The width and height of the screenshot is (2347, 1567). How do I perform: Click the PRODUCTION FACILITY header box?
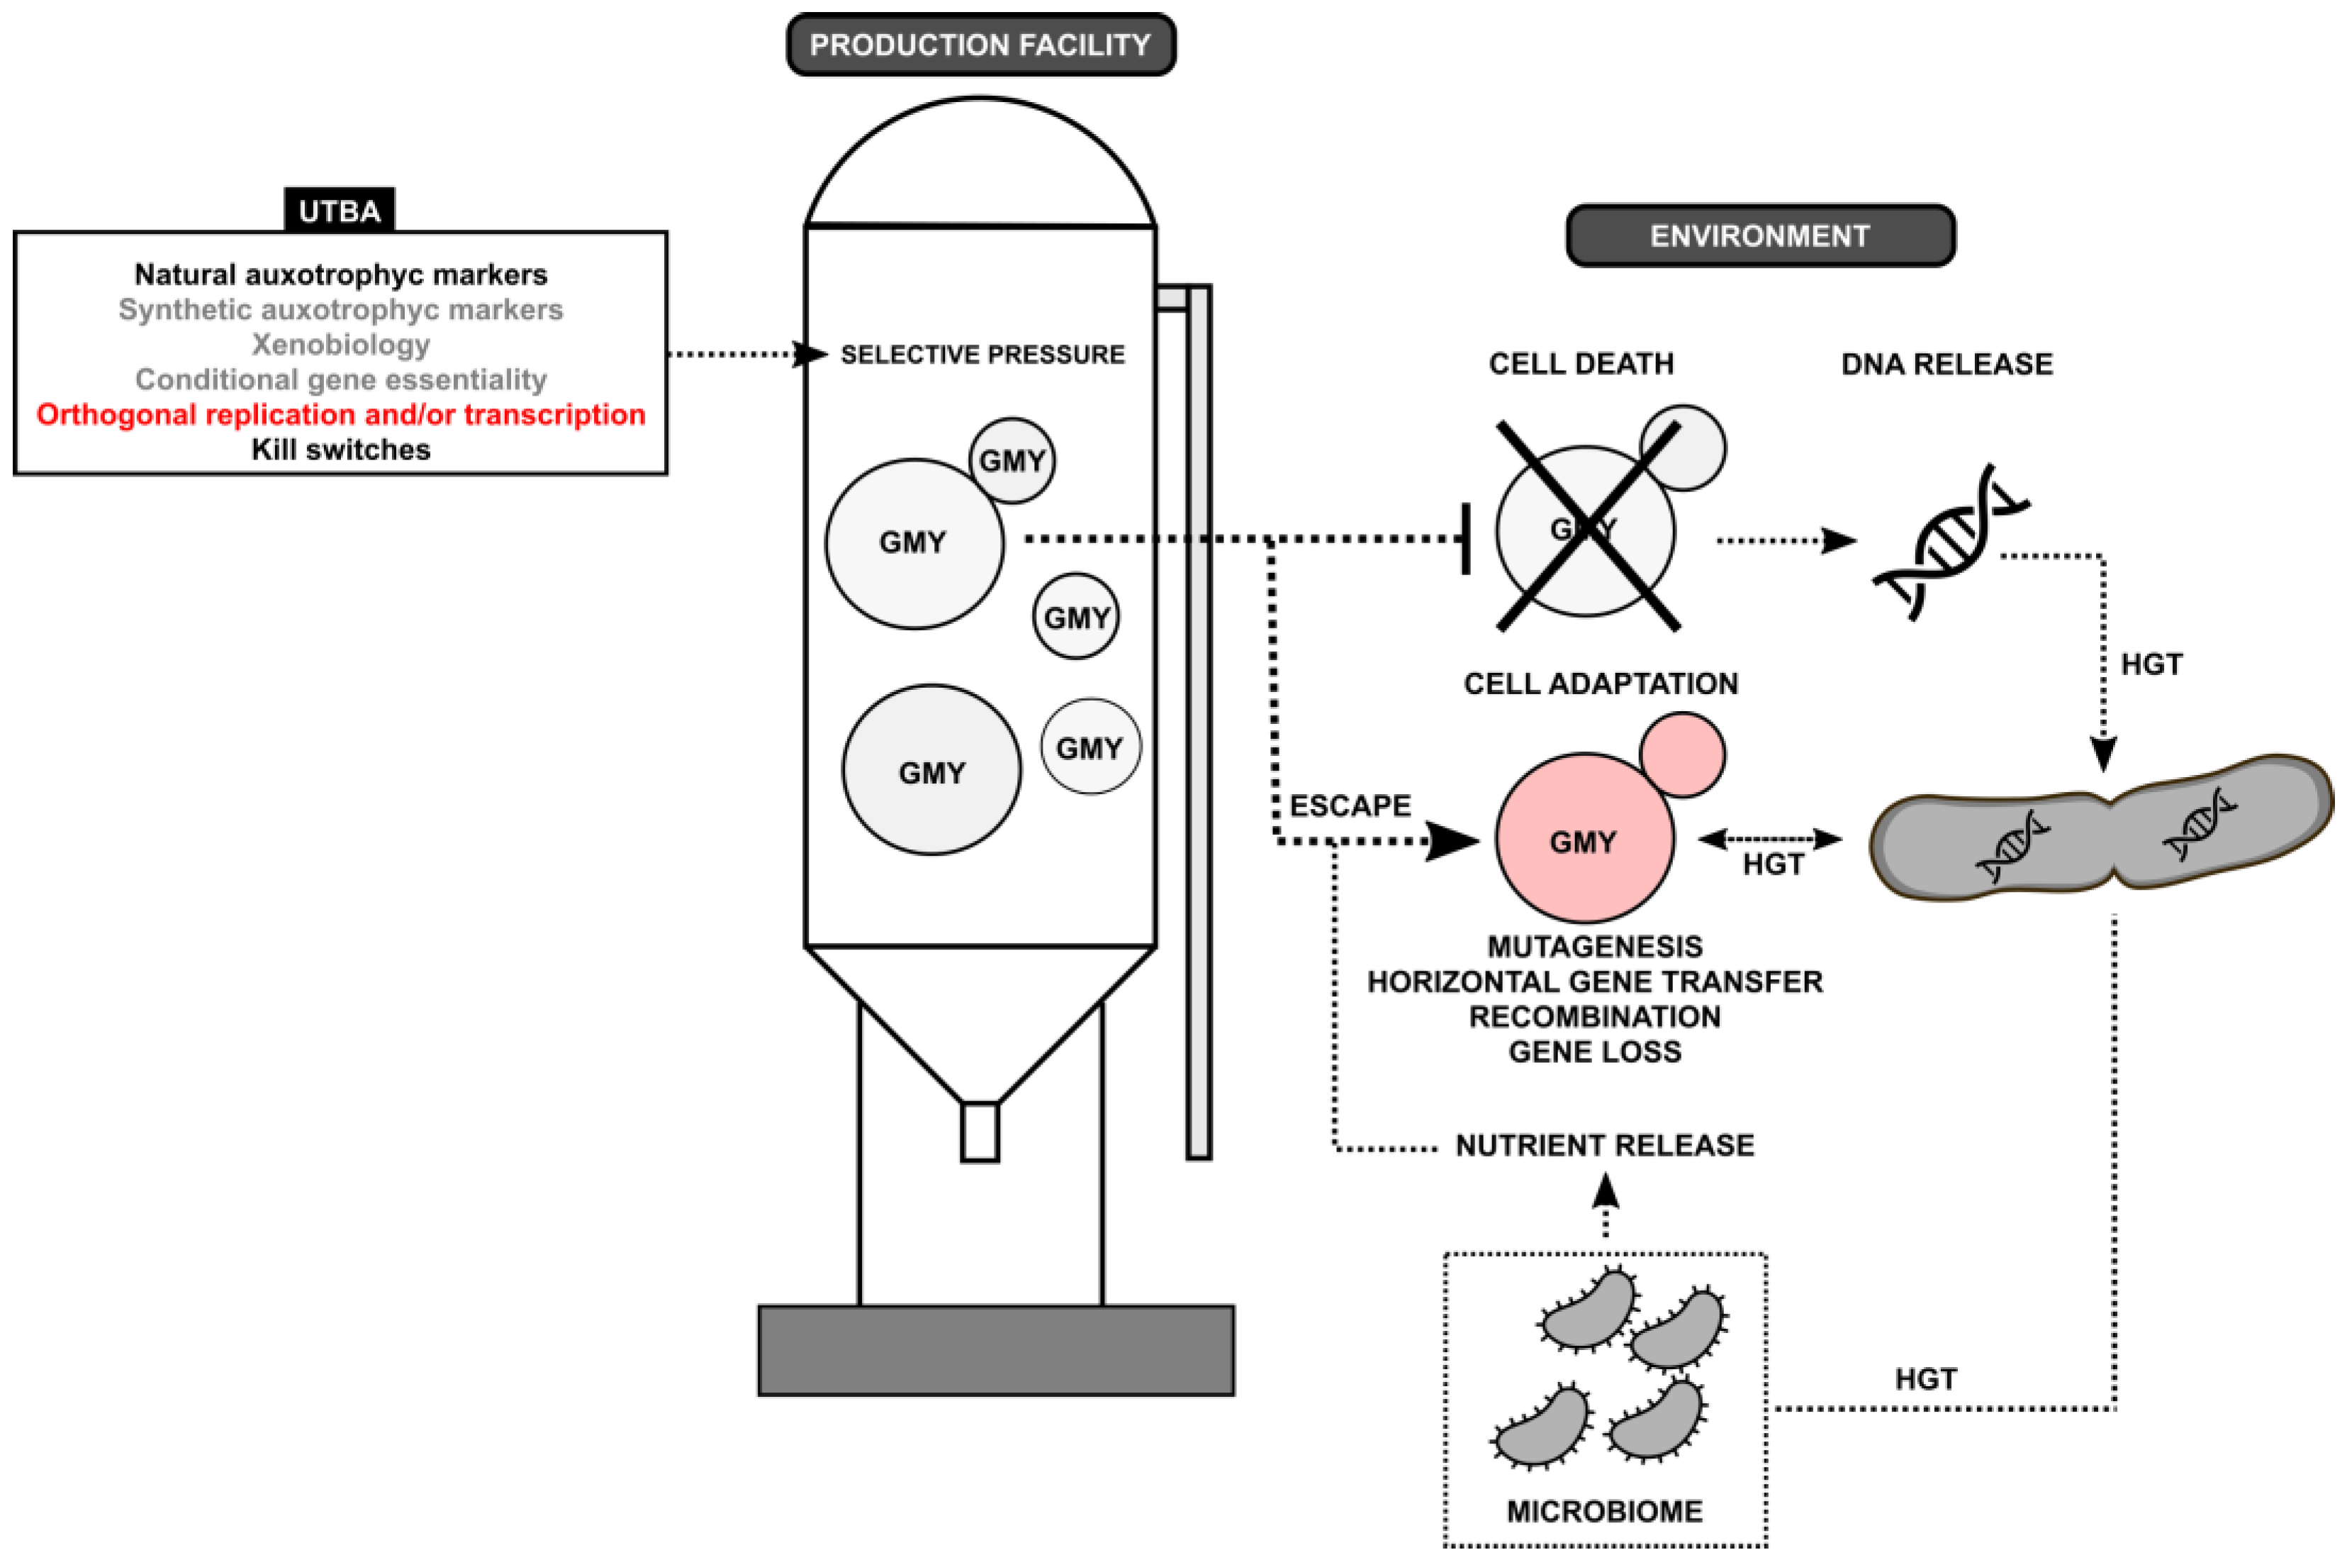[980, 45]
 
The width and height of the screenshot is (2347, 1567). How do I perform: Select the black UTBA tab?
[340, 210]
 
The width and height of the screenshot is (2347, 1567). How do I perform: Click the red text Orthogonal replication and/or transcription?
[341, 414]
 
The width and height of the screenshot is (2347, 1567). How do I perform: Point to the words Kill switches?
[341, 450]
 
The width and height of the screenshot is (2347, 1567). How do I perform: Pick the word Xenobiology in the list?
[341, 345]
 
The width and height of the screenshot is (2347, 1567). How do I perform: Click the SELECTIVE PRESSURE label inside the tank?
[982, 355]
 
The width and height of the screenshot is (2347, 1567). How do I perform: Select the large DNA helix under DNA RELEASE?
[1949, 542]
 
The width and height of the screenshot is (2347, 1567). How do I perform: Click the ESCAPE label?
[1350, 805]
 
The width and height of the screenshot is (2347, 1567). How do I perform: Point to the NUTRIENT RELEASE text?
[1605, 1145]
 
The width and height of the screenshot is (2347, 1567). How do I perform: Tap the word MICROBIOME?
[1605, 1511]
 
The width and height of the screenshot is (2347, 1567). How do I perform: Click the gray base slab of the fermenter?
[996, 1350]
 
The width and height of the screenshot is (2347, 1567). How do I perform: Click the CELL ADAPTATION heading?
[1601, 684]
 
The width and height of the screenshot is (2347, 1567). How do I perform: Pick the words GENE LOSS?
[1595, 1052]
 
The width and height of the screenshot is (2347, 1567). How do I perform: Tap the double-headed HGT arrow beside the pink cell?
[1769, 840]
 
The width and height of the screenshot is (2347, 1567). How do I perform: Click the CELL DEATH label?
[1581, 364]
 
